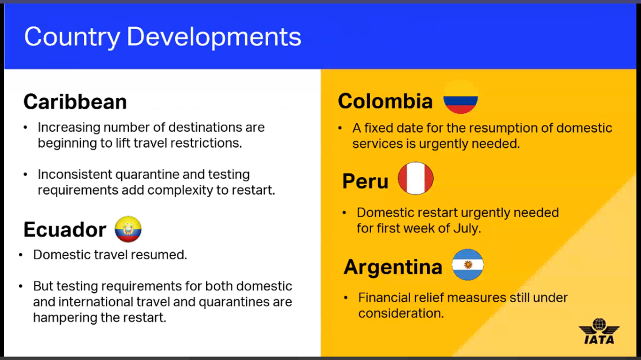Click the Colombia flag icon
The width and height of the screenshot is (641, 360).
tap(461, 97)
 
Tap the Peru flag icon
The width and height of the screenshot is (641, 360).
tap(415, 179)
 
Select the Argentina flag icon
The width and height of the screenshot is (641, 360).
tap(468, 265)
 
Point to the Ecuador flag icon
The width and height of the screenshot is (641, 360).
tap(128, 229)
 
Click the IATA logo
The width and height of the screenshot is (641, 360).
tap(599, 331)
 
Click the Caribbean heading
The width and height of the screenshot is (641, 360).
tap(75, 102)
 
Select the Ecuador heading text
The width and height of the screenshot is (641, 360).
tap(65, 229)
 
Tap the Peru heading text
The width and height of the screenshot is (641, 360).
tap(365, 181)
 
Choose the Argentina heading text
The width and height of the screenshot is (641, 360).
tap(393, 267)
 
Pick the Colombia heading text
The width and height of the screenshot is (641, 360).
tap(385, 101)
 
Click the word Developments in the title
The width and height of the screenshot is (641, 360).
tap(214, 37)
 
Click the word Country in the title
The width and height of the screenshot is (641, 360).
tap(72, 37)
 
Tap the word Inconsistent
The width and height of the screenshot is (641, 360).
tap(75, 174)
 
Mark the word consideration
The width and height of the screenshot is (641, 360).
tap(401, 313)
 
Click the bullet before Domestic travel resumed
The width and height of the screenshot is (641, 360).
tap(21, 255)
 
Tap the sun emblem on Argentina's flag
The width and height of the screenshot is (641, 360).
tap(468, 265)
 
